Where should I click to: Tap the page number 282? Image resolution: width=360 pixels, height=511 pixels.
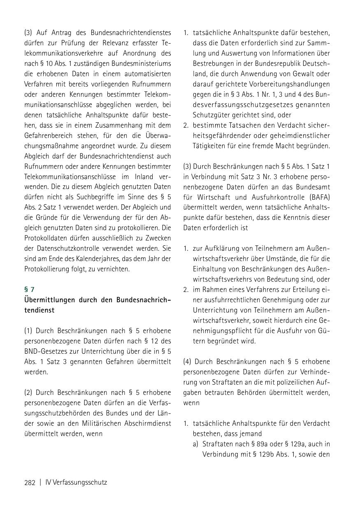tap(30, 482)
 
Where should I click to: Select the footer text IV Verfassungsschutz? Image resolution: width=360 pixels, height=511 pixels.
tap(76, 482)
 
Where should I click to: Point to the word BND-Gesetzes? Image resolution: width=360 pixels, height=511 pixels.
tap(45, 351)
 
